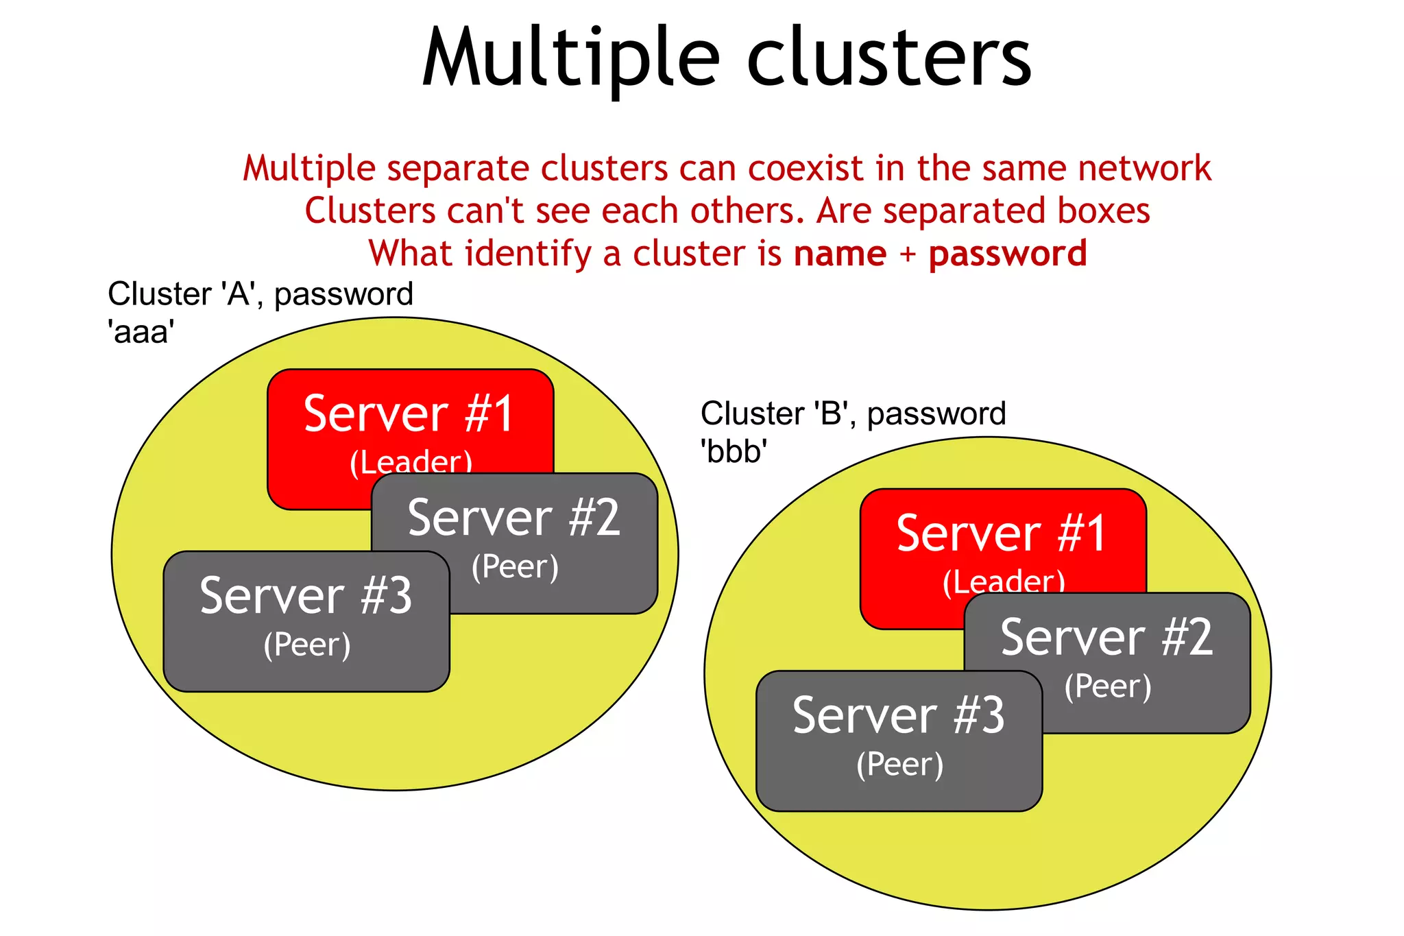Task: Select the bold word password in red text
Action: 1007,254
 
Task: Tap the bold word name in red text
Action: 840,254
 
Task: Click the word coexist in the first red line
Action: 806,169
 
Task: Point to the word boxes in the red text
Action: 1103,211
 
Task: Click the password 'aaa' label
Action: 141,333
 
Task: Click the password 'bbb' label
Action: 734,452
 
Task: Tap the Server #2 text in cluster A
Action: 513,518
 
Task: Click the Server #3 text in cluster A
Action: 306,596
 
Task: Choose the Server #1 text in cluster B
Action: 1002,533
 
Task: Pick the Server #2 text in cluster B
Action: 1106,638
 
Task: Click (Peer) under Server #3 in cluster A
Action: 307,645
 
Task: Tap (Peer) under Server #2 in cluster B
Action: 1108,686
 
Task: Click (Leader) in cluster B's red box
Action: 1004,581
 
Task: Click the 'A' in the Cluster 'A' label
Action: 238,294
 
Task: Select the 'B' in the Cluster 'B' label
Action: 831,413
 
